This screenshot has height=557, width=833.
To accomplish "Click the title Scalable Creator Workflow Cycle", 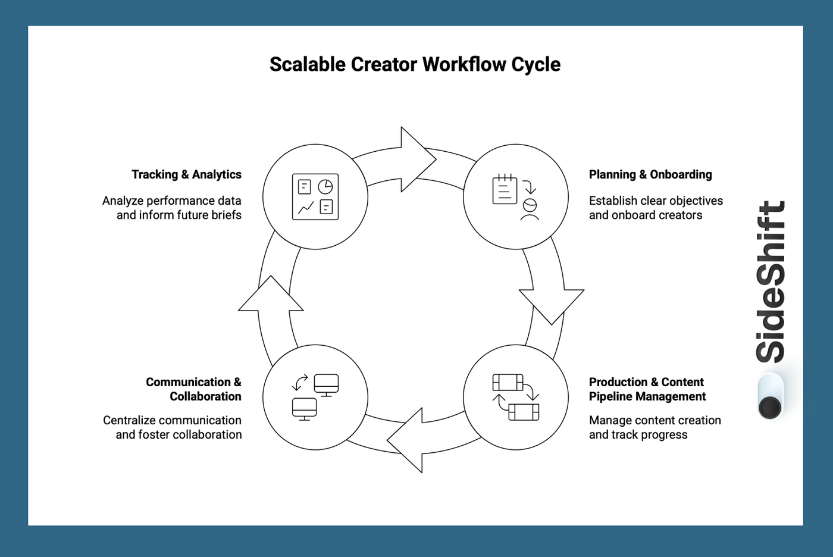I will [415, 64].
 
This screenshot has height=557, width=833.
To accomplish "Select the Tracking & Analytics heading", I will [186, 174].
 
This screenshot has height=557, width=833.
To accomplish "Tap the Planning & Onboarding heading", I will [650, 174].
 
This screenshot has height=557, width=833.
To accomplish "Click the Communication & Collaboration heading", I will [193, 389].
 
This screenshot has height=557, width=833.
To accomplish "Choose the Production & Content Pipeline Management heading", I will [647, 389].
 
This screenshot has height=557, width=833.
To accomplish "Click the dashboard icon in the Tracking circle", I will [315, 197].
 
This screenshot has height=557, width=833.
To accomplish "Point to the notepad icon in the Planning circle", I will [505, 190].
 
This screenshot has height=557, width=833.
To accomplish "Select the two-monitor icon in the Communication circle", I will [315, 397].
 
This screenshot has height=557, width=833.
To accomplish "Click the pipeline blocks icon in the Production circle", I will [516, 397].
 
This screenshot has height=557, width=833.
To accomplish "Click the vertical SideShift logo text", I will [771, 281].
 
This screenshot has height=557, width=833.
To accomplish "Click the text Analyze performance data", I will [171, 201].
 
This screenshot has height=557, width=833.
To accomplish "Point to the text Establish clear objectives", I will [656, 201].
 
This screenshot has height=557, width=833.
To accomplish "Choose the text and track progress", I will [638, 434].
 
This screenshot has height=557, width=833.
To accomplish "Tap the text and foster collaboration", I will [178, 434].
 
